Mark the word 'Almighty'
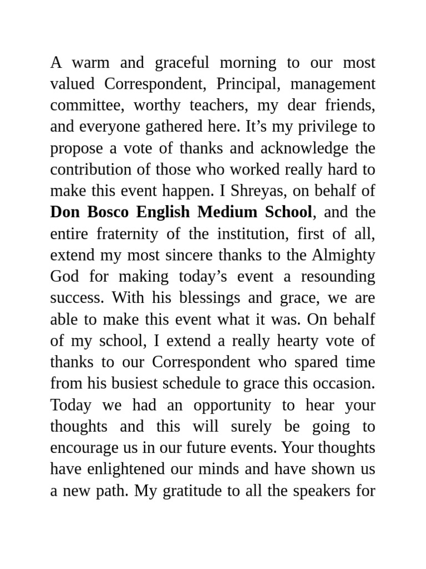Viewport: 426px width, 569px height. (x=343, y=255)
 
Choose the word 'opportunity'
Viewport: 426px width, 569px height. (x=232, y=405)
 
